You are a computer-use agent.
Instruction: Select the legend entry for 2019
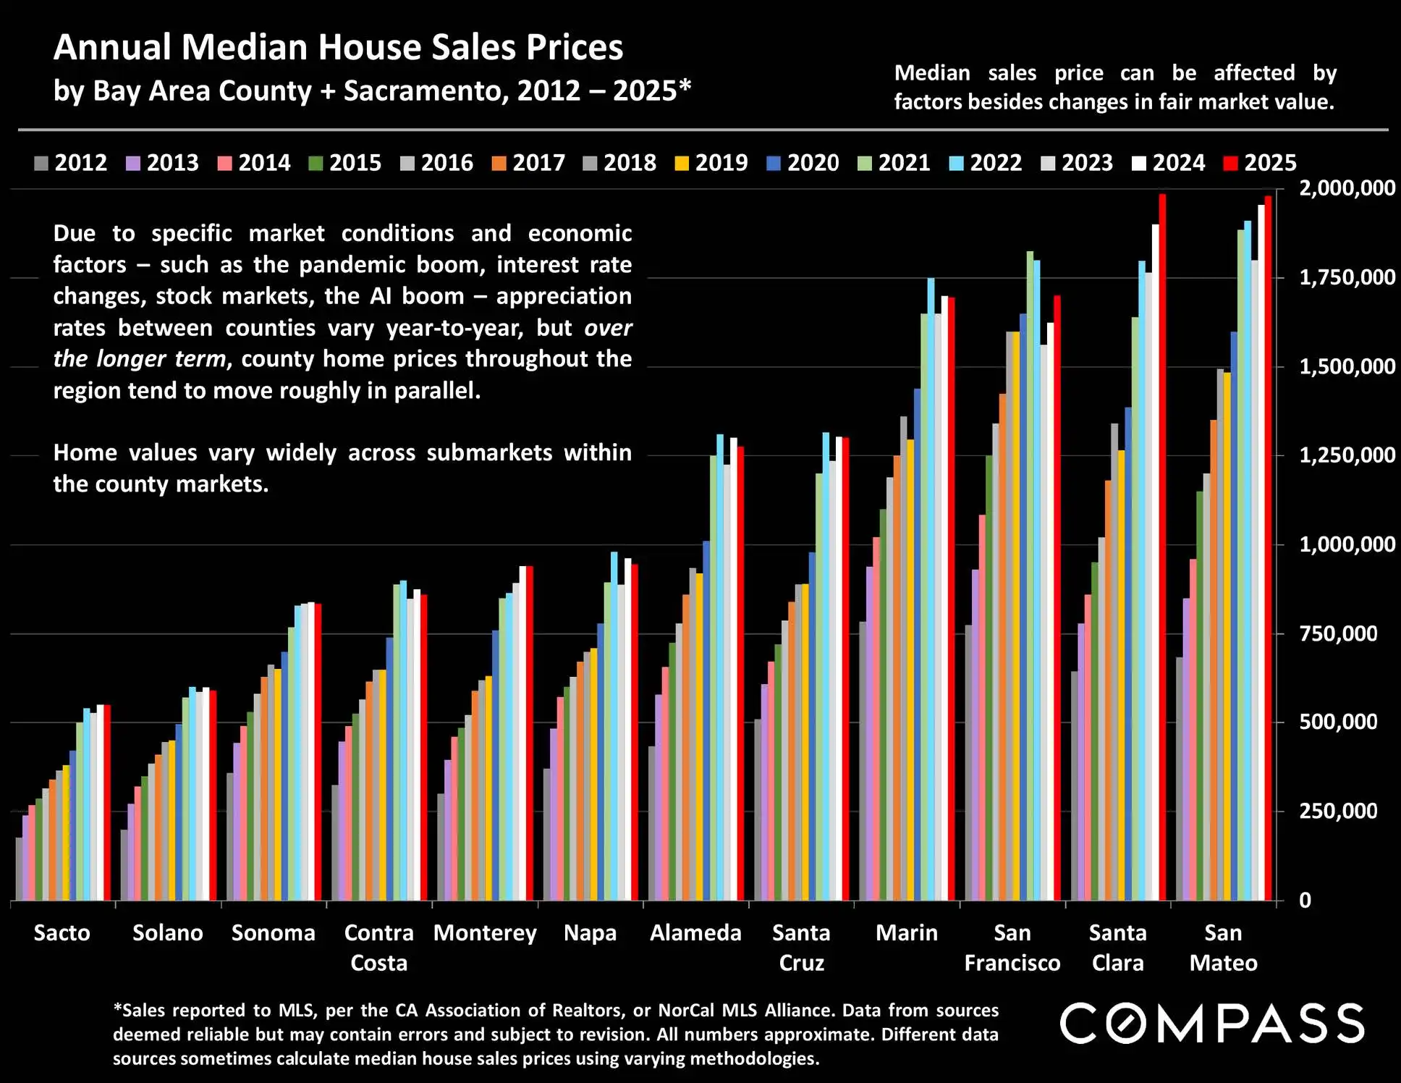point(711,163)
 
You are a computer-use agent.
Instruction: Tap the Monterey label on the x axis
point(485,933)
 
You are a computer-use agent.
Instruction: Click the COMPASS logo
point(1212,1023)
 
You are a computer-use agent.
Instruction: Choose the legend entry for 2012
point(71,163)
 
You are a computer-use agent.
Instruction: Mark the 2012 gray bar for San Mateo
point(1180,779)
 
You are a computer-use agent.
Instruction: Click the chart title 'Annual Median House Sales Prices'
point(338,48)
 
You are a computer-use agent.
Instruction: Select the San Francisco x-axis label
point(1012,948)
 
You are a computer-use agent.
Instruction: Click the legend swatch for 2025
point(1230,164)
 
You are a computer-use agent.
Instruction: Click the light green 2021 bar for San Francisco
point(1030,576)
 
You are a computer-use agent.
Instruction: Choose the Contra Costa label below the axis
point(378,948)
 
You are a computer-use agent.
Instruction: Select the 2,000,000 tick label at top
point(1347,188)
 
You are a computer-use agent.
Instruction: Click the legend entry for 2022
point(986,163)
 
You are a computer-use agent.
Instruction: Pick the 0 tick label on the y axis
point(1305,901)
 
